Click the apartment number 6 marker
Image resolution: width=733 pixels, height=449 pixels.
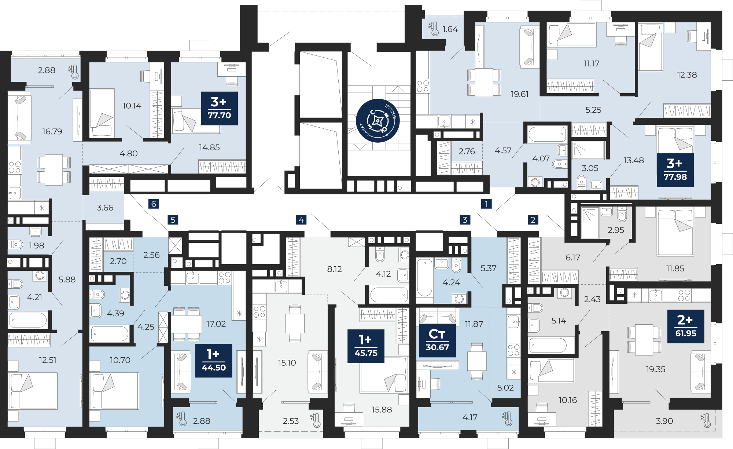pyautogui.click(x=154, y=204)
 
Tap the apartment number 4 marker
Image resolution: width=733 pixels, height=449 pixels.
pyautogui.click(x=301, y=220)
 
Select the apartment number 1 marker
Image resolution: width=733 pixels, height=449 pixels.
pyautogui.click(x=486, y=204)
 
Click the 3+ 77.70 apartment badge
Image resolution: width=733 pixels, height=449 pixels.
pyautogui.click(x=219, y=108)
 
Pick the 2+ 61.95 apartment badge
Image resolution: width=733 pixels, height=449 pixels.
pyautogui.click(x=686, y=326)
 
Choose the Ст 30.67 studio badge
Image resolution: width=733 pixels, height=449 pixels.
pyautogui.click(x=437, y=340)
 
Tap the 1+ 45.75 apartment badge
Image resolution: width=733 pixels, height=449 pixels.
pyautogui.click(x=366, y=346)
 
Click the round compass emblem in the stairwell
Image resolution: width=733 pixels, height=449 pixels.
pyautogui.click(x=378, y=120)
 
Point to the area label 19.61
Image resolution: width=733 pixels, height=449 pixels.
pyautogui.click(x=520, y=94)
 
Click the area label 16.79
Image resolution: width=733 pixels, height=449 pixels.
pyautogui.click(x=52, y=131)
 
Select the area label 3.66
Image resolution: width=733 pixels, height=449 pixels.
pyautogui.click(x=105, y=208)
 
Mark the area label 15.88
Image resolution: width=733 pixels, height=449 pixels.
pyautogui.click(x=382, y=410)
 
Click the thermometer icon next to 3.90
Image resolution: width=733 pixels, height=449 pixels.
pyautogui.click(x=706, y=420)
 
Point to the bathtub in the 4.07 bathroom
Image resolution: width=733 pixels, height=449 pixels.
pyautogui.click(x=547, y=135)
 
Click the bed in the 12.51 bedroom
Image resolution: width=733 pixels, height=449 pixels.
pyautogui.click(x=33, y=391)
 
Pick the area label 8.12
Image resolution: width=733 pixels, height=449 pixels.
pyautogui.click(x=334, y=269)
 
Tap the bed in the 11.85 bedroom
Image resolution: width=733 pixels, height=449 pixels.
pyautogui.click(x=675, y=232)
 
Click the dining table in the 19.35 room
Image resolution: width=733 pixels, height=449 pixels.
pyautogui.click(x=644, y=340)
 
